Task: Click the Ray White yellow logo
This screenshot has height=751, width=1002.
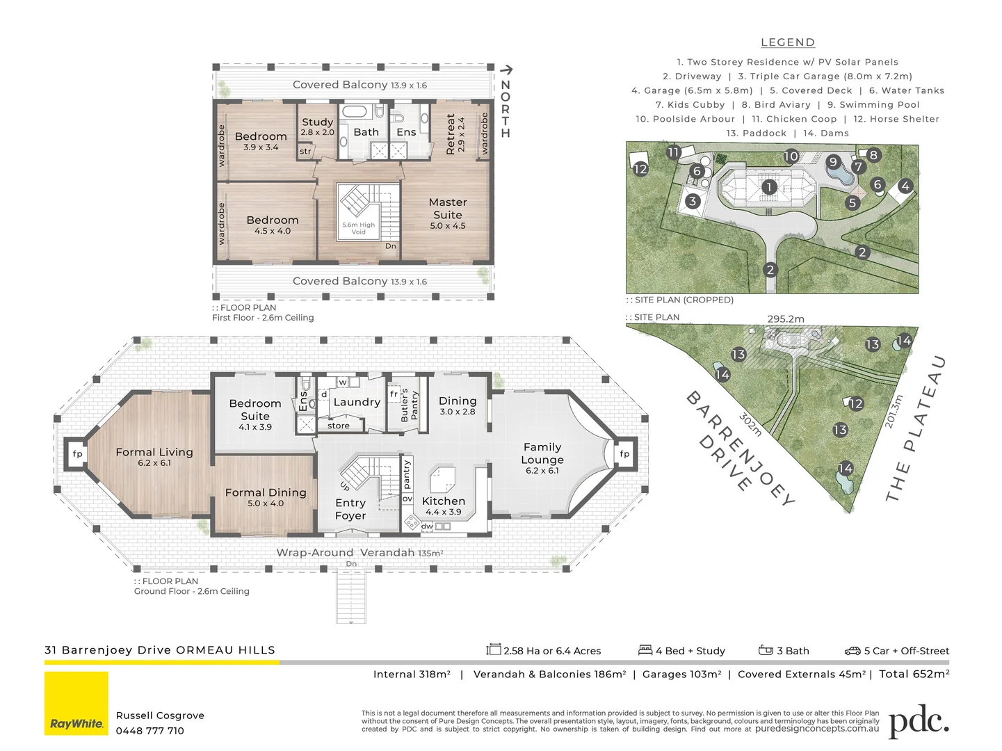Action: [x=76, y=703]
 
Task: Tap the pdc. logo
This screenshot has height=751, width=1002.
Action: [x=919, y=722]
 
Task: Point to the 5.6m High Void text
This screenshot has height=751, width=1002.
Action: [x=358, y=228]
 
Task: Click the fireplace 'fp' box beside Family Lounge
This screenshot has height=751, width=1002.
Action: [x=624, y=454]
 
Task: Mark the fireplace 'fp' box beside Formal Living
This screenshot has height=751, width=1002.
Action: [x=77, y=454]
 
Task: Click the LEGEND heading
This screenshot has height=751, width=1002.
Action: [x=788, y=42]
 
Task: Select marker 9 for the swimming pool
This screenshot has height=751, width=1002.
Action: [x=834, y=161]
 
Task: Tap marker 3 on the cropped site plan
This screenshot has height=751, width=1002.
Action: [x=693, y=201]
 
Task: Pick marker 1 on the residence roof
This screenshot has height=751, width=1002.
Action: [x=769, y=187]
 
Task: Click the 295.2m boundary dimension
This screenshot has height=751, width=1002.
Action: [x=786, y=319]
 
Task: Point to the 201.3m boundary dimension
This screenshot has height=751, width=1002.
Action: [x=894, y=412]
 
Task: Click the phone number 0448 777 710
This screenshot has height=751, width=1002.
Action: [x=150, y=731]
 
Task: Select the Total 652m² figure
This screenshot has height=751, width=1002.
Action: [x=914, y=674]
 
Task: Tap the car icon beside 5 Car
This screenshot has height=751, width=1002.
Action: [x=852, y=651]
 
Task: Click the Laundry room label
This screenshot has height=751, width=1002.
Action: [x=357, y=402]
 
